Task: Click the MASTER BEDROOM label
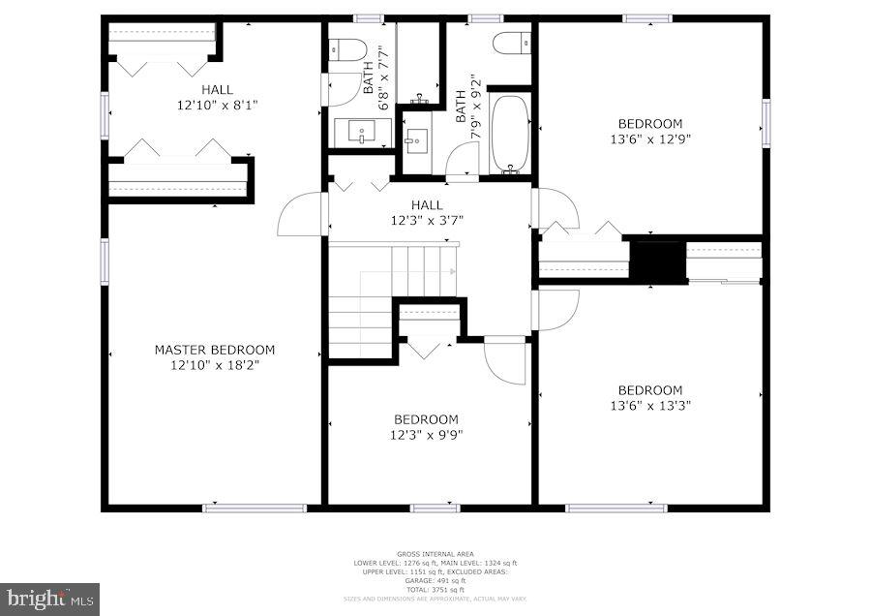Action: coord(215,350)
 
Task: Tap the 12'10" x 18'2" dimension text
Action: coord(215,365)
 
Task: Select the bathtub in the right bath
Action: coord(510,133)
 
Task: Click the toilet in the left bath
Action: coord(345,48)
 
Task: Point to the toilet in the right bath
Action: coord(511,43)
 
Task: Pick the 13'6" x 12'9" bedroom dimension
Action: coord(650,139)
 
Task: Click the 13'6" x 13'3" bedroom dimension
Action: coord(650,406)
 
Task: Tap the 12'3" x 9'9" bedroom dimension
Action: coord(426,435)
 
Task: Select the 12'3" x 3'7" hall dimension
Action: coord(426,220)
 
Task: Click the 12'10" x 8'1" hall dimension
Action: coord(217,105)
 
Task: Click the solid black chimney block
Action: coord(658,260)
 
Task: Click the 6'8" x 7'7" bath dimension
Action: coord(384,70)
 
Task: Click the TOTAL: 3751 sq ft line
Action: coord(435,590)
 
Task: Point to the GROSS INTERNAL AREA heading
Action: coord(435,554)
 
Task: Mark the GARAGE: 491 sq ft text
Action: coord(435,581)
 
